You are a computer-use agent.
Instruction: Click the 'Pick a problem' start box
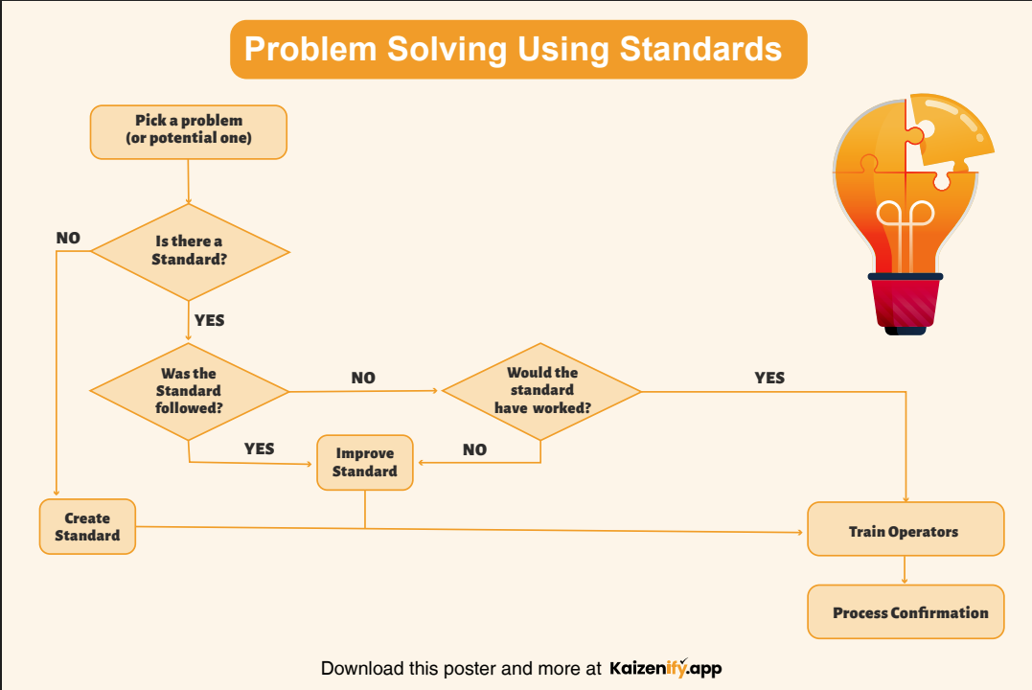click(x=189, y=131)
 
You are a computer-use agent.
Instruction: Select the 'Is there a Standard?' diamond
click(x=189, y=251)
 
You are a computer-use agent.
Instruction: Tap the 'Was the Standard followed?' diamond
click(x=189, y=391)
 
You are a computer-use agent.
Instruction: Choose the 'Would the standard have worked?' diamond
click(x=541, y=391)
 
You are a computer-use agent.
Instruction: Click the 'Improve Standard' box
click(x=365, y=462)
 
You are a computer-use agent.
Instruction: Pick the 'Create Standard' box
click(x=87, y=526)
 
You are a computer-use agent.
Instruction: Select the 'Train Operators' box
click(x=905, y=531)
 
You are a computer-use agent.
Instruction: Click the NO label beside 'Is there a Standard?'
click(x=68, y=238)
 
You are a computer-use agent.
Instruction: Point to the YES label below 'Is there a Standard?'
click(x=209, y=319)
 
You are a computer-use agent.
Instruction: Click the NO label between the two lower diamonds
click(x=363, y=378)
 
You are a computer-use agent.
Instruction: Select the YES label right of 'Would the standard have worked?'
click(x=769, y=378)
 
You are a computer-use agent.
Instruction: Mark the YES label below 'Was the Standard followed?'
click(x=259, y=448)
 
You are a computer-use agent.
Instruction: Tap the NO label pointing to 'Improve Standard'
click(x=474, y=449)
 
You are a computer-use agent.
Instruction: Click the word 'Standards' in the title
click(x=701, y=49)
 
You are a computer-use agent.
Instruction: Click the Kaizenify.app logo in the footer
click(x=664, y=667)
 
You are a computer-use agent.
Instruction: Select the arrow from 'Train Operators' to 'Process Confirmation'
click(x=905, y=570)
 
